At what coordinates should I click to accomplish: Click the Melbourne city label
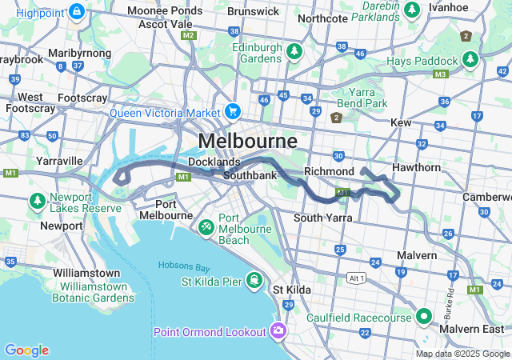[x=247, y=141]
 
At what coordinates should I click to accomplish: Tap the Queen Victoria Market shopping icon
[x=233, y=111]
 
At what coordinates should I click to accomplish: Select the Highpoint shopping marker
[x=77, y=12]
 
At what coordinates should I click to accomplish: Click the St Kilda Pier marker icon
[x=254, y=280]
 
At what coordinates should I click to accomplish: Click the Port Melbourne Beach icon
[x=206, y=227]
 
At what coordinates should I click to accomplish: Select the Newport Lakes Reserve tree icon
[x=37, y=199]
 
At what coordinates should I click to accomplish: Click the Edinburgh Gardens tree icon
[x=294, y=52]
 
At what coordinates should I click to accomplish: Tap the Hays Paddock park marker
[x=470, y=60]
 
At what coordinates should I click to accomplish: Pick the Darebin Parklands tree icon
[x=411, y=10]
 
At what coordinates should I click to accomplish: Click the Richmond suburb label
[x=329, y=171]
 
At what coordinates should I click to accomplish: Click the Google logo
[x=26, y=350]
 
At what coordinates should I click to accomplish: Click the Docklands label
[x=214, y=162]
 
